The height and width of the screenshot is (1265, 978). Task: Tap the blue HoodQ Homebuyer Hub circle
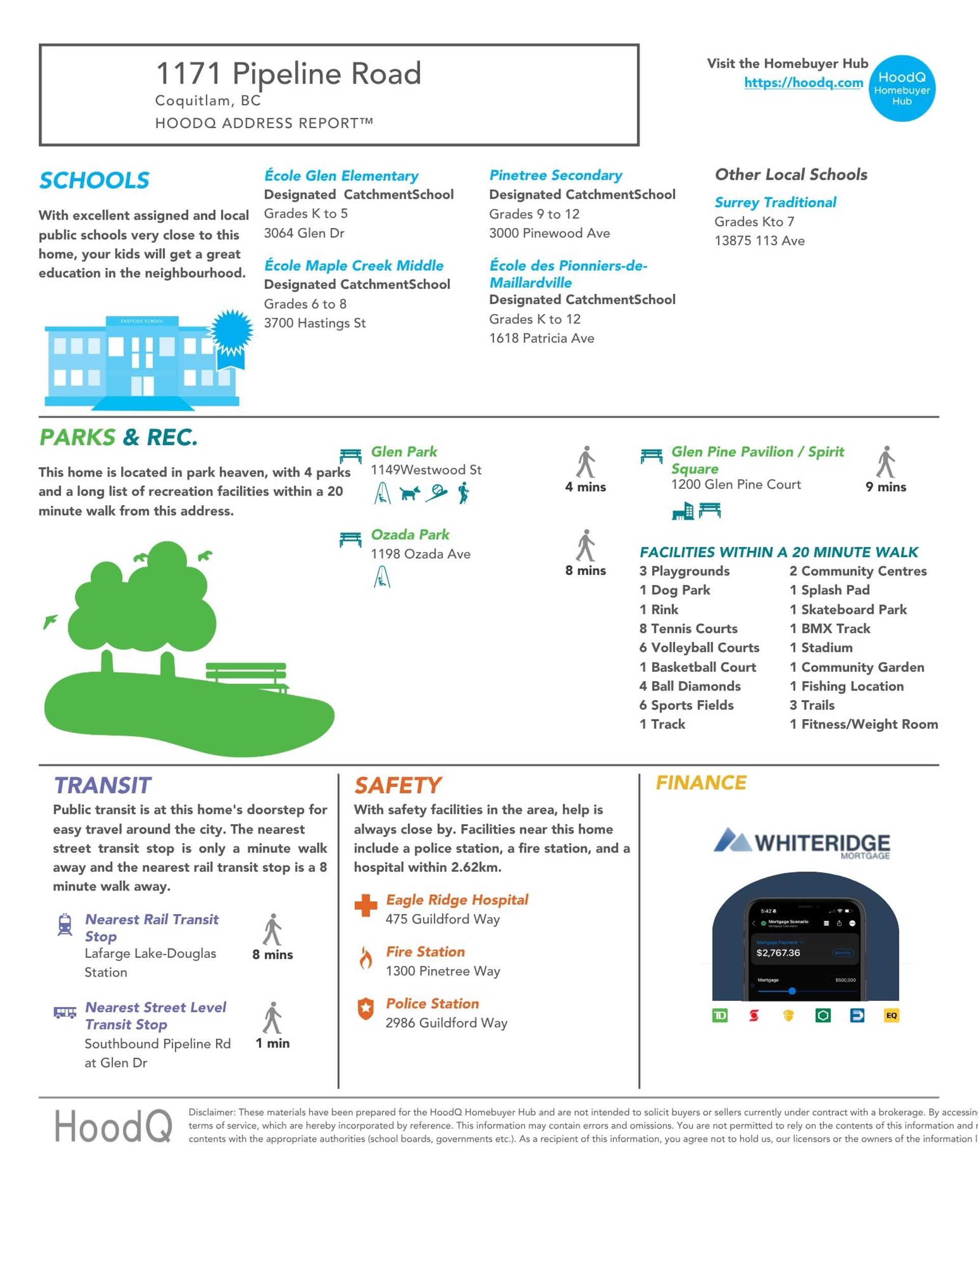click(902, 89)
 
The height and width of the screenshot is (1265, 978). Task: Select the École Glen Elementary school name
click(341, 176)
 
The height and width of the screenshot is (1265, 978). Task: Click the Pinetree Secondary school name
click(556, 176)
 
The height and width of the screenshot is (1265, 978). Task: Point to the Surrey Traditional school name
click(775, 203)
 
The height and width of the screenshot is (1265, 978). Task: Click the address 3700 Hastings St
click(315, 323)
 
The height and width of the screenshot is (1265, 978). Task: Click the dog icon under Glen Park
click(410, 493)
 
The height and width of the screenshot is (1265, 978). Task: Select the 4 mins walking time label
click(585, 487)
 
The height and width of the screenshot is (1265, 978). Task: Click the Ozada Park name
click(410, 535)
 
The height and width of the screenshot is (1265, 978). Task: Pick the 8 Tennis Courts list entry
click(688, 628)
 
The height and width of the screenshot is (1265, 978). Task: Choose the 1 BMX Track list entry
click(830, 628)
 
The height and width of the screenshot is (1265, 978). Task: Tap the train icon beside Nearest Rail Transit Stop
click(65, 924)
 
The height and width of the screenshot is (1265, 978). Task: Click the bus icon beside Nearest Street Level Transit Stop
click(65, 1012)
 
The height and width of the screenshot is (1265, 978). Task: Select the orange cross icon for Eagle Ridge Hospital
click(366, 906)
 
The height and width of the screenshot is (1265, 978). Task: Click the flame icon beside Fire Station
click(366, 958)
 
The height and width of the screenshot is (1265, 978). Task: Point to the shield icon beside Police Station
click(366, 1009)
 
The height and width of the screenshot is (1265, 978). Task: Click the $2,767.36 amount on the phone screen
click(778, 953)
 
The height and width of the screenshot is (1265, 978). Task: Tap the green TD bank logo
click(720, 1015)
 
